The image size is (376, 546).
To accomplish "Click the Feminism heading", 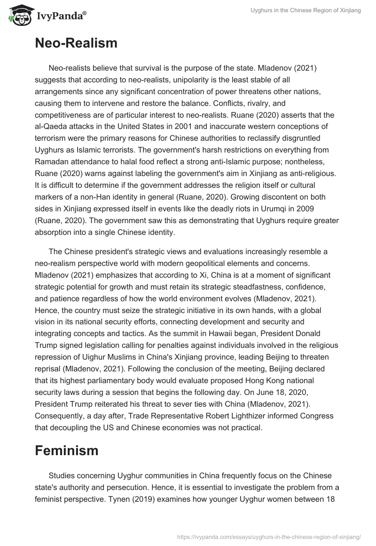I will tap(66, 450).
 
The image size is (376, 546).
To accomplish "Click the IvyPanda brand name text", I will tap(59, 16).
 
